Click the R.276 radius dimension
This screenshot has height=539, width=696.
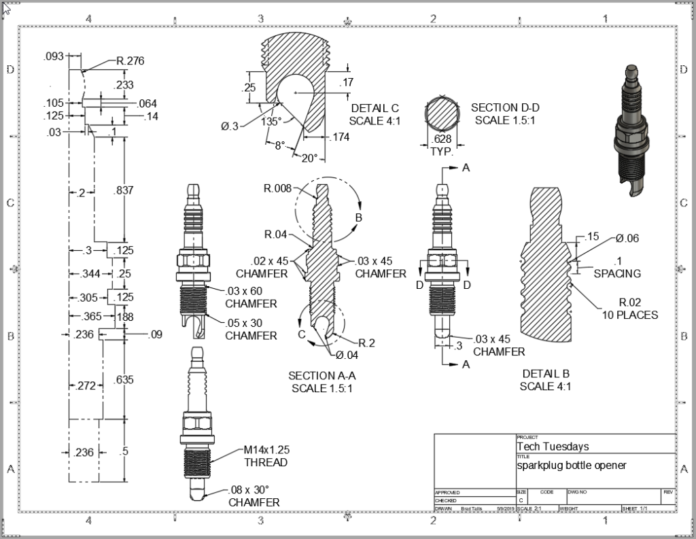coord(130,61)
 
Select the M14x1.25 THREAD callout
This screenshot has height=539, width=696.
coord(266,456)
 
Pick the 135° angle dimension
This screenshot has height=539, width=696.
coord(271,122)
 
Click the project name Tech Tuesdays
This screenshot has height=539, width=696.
coord(553,447)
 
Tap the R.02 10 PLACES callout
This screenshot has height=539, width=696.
coord(630,309)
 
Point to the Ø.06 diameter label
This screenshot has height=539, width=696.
coord(628,239)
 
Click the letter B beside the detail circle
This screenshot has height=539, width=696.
coord(359,218)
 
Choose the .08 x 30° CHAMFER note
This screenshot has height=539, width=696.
coord(254,495)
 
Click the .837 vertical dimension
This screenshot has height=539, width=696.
coord(124,190)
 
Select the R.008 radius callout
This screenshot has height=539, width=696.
coord(279,188)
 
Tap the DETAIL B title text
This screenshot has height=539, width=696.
coord(546,380)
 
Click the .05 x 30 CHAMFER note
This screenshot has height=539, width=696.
coord(251,329)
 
